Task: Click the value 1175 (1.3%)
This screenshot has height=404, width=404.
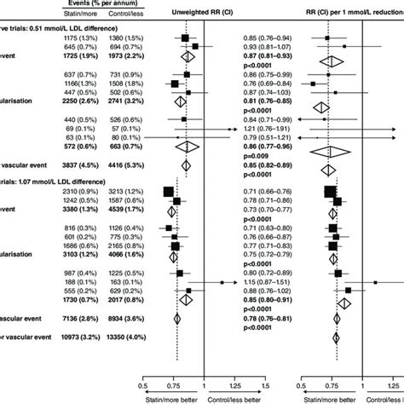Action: (x=87, y=39)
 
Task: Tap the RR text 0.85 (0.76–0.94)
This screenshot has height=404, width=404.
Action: (x=268, y=39)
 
